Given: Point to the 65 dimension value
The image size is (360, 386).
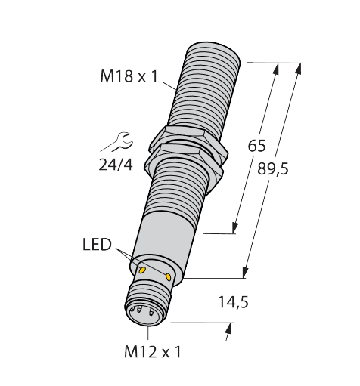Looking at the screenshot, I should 256,146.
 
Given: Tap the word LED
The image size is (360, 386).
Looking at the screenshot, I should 96,245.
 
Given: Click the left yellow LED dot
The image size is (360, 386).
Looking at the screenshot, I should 141,267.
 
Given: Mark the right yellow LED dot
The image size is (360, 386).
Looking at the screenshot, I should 178,277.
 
